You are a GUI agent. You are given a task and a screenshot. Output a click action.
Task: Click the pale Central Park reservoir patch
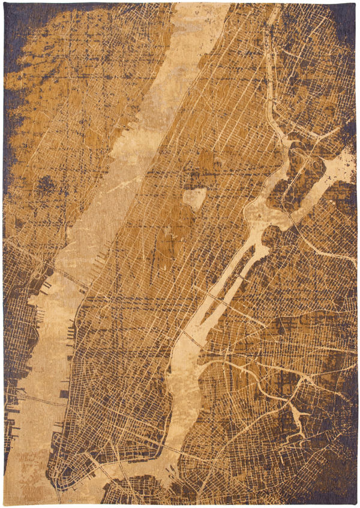(194, 198)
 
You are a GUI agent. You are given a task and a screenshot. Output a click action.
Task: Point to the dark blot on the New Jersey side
(44, 186)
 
